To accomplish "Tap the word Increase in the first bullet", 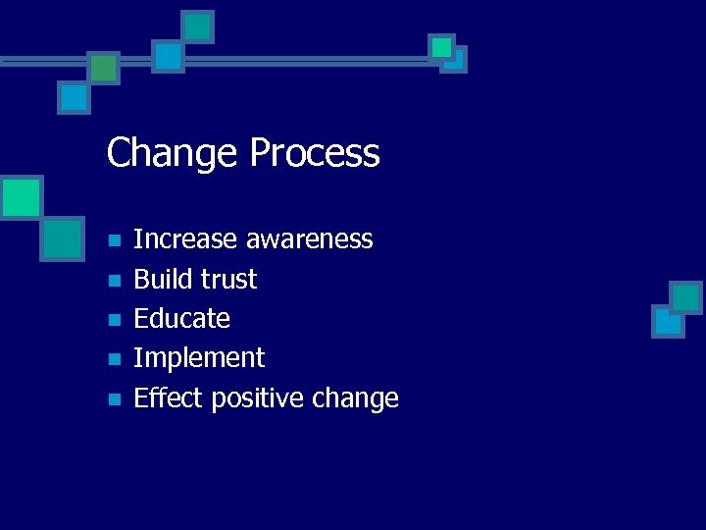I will point(185,239).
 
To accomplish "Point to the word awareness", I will point(309,239).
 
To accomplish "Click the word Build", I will point(162,280).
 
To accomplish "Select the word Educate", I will point(181,319).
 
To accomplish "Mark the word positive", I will point(254,398).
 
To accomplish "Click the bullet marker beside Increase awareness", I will point(114,240).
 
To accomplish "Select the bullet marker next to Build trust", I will point(114,281).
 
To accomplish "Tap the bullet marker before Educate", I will point(114,320).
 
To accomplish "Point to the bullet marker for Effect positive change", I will point(114,399).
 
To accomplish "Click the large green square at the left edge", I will point(21,197).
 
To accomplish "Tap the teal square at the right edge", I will point(685,296).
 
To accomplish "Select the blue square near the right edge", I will point(668,321).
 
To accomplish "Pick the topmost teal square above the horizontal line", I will point(198,26).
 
